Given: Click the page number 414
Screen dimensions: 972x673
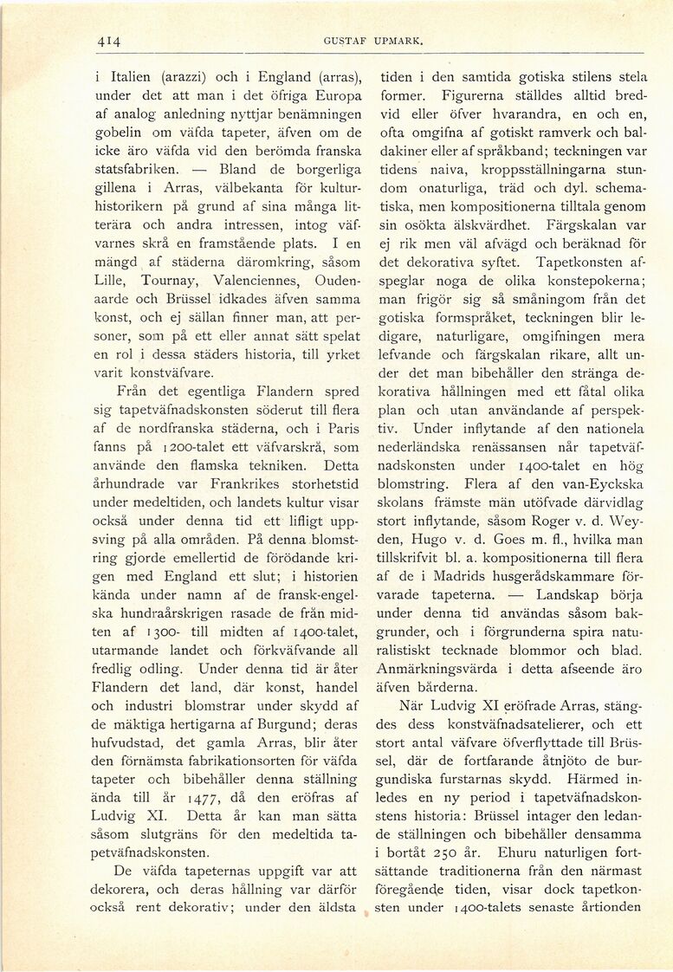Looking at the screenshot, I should [107, 41].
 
